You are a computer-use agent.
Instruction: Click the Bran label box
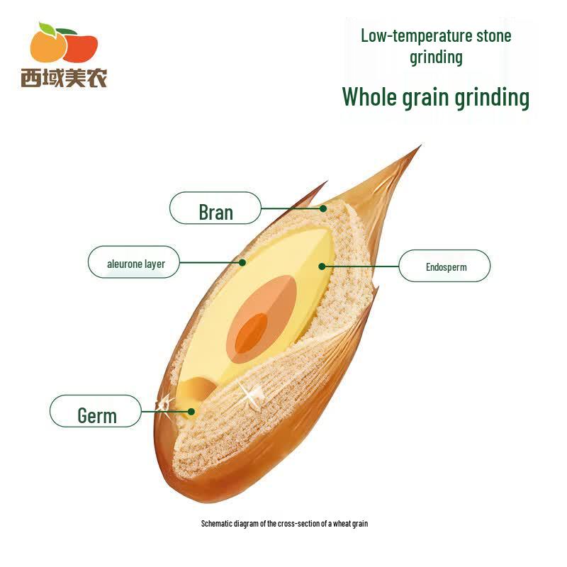point(215,208)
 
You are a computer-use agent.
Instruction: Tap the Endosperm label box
point(444,266)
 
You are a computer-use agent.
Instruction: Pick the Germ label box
point(96,411)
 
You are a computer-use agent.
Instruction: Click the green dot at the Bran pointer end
point(323,208)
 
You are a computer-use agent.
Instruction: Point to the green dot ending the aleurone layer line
point(242,262)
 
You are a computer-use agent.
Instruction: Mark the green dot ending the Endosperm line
point(322,266)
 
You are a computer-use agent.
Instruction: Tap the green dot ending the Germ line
point(191,412)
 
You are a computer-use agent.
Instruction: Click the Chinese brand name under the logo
point(64,77)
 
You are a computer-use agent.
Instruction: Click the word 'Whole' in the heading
point(369,97)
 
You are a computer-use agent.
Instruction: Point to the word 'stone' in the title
point(494,36)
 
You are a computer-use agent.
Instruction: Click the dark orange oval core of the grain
point(252,333)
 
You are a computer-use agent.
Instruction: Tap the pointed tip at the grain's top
point(420,145)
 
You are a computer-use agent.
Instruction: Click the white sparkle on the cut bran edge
point(250,394)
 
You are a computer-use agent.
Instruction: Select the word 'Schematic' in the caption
point(217,524)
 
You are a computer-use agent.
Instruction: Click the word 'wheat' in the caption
point(342,524)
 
